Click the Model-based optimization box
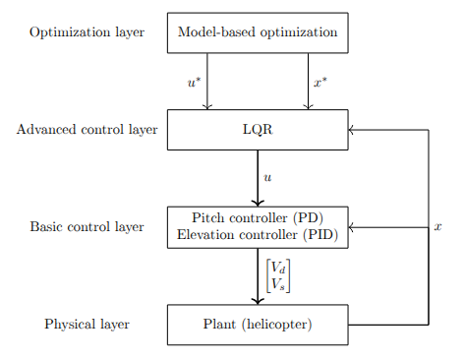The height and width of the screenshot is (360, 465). pos(257,32)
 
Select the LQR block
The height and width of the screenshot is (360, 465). pos(257,129)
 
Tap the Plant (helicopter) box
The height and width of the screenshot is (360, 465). pos(257,324)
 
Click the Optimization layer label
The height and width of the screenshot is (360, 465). pos(87,32)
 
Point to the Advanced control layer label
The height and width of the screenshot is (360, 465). pos(87,129)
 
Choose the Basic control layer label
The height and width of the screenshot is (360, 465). pos(87,226)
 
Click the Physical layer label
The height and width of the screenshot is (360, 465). pos(87,324)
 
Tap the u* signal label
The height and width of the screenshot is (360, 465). pos(194,83)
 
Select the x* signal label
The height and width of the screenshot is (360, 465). pos(320,83)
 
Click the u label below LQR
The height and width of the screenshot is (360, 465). pos(267,178)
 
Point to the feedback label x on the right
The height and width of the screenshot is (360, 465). pos(437,226)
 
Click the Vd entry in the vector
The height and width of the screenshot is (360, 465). pos(278,268)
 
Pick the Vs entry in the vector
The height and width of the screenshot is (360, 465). pos(278,283)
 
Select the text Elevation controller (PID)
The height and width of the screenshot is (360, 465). pos(257,234)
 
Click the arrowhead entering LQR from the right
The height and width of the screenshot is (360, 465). pos(352,129)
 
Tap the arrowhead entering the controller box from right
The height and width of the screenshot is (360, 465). pos(352,226)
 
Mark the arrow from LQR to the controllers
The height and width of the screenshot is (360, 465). pos(257,178)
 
